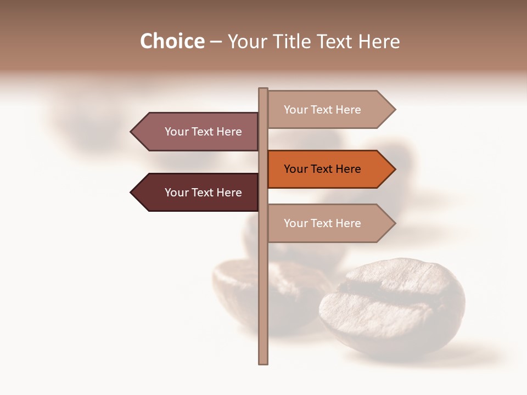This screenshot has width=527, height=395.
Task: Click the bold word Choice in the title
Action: [172, 42]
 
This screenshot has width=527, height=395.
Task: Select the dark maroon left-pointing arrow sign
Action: [198, 193]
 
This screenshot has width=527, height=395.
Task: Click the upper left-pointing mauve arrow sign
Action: [198, 132]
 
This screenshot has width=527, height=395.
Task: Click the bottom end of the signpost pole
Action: [263, 362]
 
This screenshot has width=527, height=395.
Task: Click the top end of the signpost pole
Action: [263, 89]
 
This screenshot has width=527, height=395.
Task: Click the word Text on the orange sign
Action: [322, 169]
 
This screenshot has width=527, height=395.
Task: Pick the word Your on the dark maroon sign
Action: [176, 193]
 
